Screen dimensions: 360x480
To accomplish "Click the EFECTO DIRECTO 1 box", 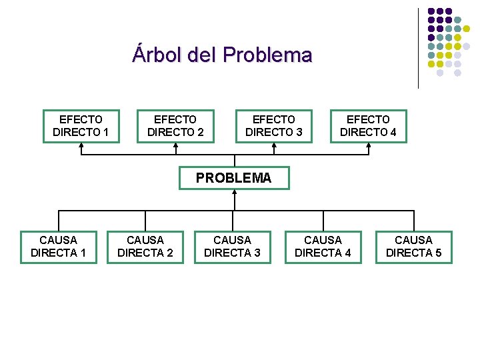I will pos(81,126).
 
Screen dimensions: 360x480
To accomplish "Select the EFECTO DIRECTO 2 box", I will pos(175,126).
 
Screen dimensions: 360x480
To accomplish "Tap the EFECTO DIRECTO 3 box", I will pos(273,126).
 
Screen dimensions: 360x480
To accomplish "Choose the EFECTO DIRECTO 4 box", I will pos(368,126).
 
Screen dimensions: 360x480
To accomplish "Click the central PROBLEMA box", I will pos(234,178).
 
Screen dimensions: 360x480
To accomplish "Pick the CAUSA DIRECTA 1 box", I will pos(59,246).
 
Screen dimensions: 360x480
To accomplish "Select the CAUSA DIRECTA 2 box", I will pos(145,246).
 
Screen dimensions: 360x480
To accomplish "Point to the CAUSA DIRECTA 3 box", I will pos(232,246).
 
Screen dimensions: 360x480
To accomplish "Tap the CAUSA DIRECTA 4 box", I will pos(323,246).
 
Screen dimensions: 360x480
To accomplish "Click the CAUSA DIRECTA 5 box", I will pos(413,246).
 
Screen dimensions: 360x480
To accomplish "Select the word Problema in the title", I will pos(267,54).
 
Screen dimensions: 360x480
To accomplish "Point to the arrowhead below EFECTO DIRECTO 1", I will pos(81,146).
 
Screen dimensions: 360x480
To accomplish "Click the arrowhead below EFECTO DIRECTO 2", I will pos(175,146).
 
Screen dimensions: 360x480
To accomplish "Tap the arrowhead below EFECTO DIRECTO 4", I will pos(368,146).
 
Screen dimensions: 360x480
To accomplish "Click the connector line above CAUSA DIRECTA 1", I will pos(59,221).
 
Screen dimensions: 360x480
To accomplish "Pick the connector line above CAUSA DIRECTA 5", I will pos(413,221).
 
